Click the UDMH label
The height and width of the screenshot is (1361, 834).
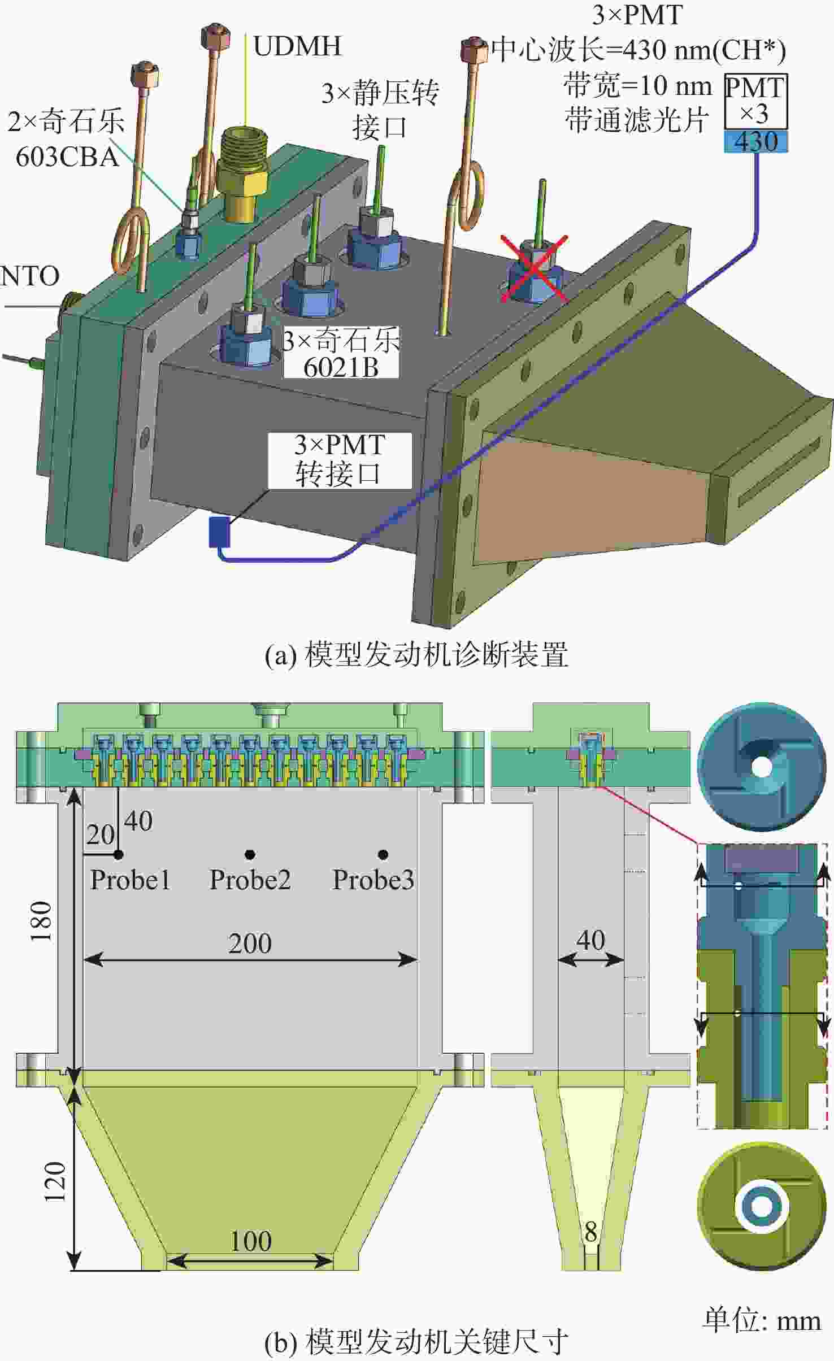pyautogui.click(x=298, y=46)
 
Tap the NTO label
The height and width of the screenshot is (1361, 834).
pyautogui.click(x=30, y=276)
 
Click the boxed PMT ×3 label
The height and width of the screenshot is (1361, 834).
pyautogui.click(x=756, y=101)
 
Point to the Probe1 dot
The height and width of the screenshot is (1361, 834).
pyautogui.click(x=119, y=855)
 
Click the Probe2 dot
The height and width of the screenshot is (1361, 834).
pyautogui.click(x=250, y=854)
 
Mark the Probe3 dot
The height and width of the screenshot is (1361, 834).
pyautogui.click(x=383, y=854)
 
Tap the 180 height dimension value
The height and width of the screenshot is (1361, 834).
pyautogui.click(x=42, y=921)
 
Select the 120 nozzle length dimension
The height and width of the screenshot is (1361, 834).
pyautogui.click(x=55, y=1181)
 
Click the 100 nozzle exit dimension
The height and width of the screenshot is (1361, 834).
pyautogui.click(x=251, y=1241)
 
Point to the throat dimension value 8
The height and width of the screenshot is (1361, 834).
pyautogui.click(x=590, y=1232)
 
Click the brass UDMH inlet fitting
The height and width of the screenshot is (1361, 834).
pyautogui.click(x=241, y=173)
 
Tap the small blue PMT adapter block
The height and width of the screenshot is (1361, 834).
pyautogui.click(x=219, y=531)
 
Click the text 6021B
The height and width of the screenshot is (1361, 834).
pyautogui.click(x=341, y=368)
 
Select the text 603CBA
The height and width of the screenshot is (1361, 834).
pyautogui.click(x=67, y=157)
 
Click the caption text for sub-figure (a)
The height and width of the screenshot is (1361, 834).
pyautogui.click(x=416, y=655)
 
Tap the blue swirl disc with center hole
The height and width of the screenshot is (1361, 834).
pyautogui.click(x=762, y=767)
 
